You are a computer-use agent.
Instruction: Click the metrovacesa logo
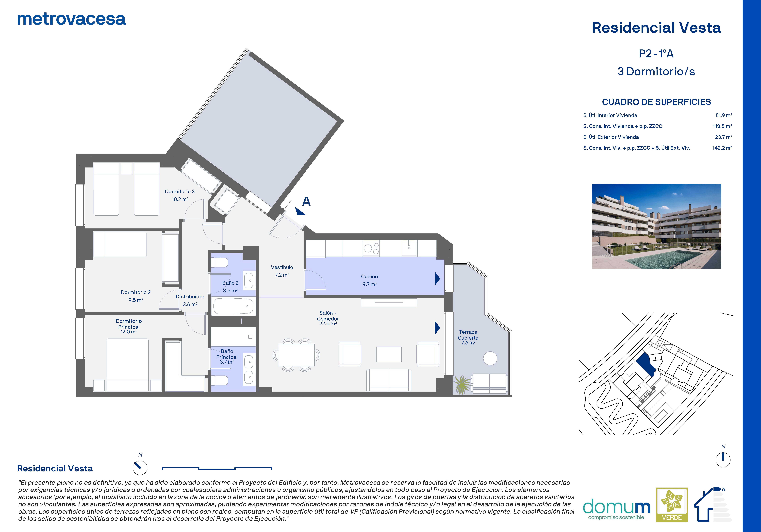[71, 19]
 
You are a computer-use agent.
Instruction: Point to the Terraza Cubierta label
[468, 337]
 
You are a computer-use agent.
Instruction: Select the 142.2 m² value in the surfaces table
[722, 148]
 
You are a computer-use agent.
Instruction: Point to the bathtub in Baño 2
[234, 306]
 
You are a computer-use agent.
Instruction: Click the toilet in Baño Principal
[219, 380]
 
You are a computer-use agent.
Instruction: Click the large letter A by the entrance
[306, 201]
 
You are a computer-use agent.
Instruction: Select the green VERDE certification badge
[672, 504]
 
